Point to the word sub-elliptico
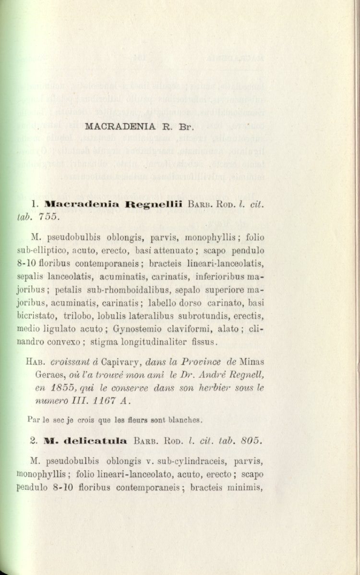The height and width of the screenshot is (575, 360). (x=50, y=251)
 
